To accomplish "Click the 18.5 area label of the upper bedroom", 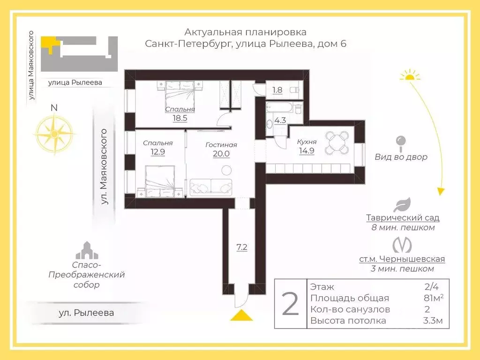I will [x=180, y=118].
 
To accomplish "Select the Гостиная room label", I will [x=221, y=145].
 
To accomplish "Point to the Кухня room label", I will [x=307, y=142].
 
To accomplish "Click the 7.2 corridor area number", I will [x=242, y=247].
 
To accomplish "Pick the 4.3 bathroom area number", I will [x=280, y=120].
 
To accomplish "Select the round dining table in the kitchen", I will [x=337, y=143].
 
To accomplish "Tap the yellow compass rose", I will [x=54, y=135].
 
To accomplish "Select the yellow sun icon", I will [x=411, y=75].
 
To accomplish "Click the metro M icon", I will [x=402, y=246].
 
